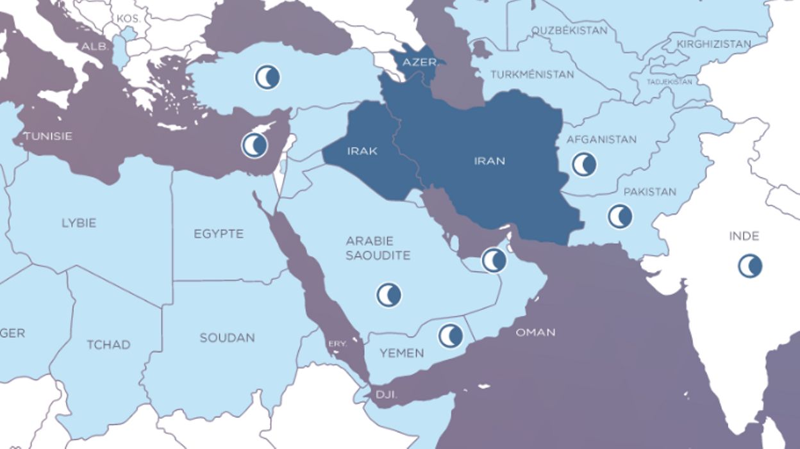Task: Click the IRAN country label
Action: pos(489,161)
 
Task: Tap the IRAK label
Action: pos(362,151)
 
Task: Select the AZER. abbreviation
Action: pos(420,63)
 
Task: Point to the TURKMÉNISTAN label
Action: pos(532,74)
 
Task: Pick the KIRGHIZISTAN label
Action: pos(714,44)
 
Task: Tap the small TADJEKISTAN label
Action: pos(670,82)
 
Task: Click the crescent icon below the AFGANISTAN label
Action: pos(584,165)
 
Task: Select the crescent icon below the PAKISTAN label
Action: pos(620,216)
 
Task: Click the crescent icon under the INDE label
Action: pos(749,265)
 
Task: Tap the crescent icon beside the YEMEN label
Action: pos(450,336)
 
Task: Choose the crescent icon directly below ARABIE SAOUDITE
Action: pos(388,295)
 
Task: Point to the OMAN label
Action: pos(535,332)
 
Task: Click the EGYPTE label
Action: pos(219,234)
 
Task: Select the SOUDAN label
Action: pos(227,338)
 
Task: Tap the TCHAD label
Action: pos(108,345)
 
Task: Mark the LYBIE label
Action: pos(79,223)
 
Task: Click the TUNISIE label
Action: pos(47,136)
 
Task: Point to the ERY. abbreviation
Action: pos(337,344)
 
